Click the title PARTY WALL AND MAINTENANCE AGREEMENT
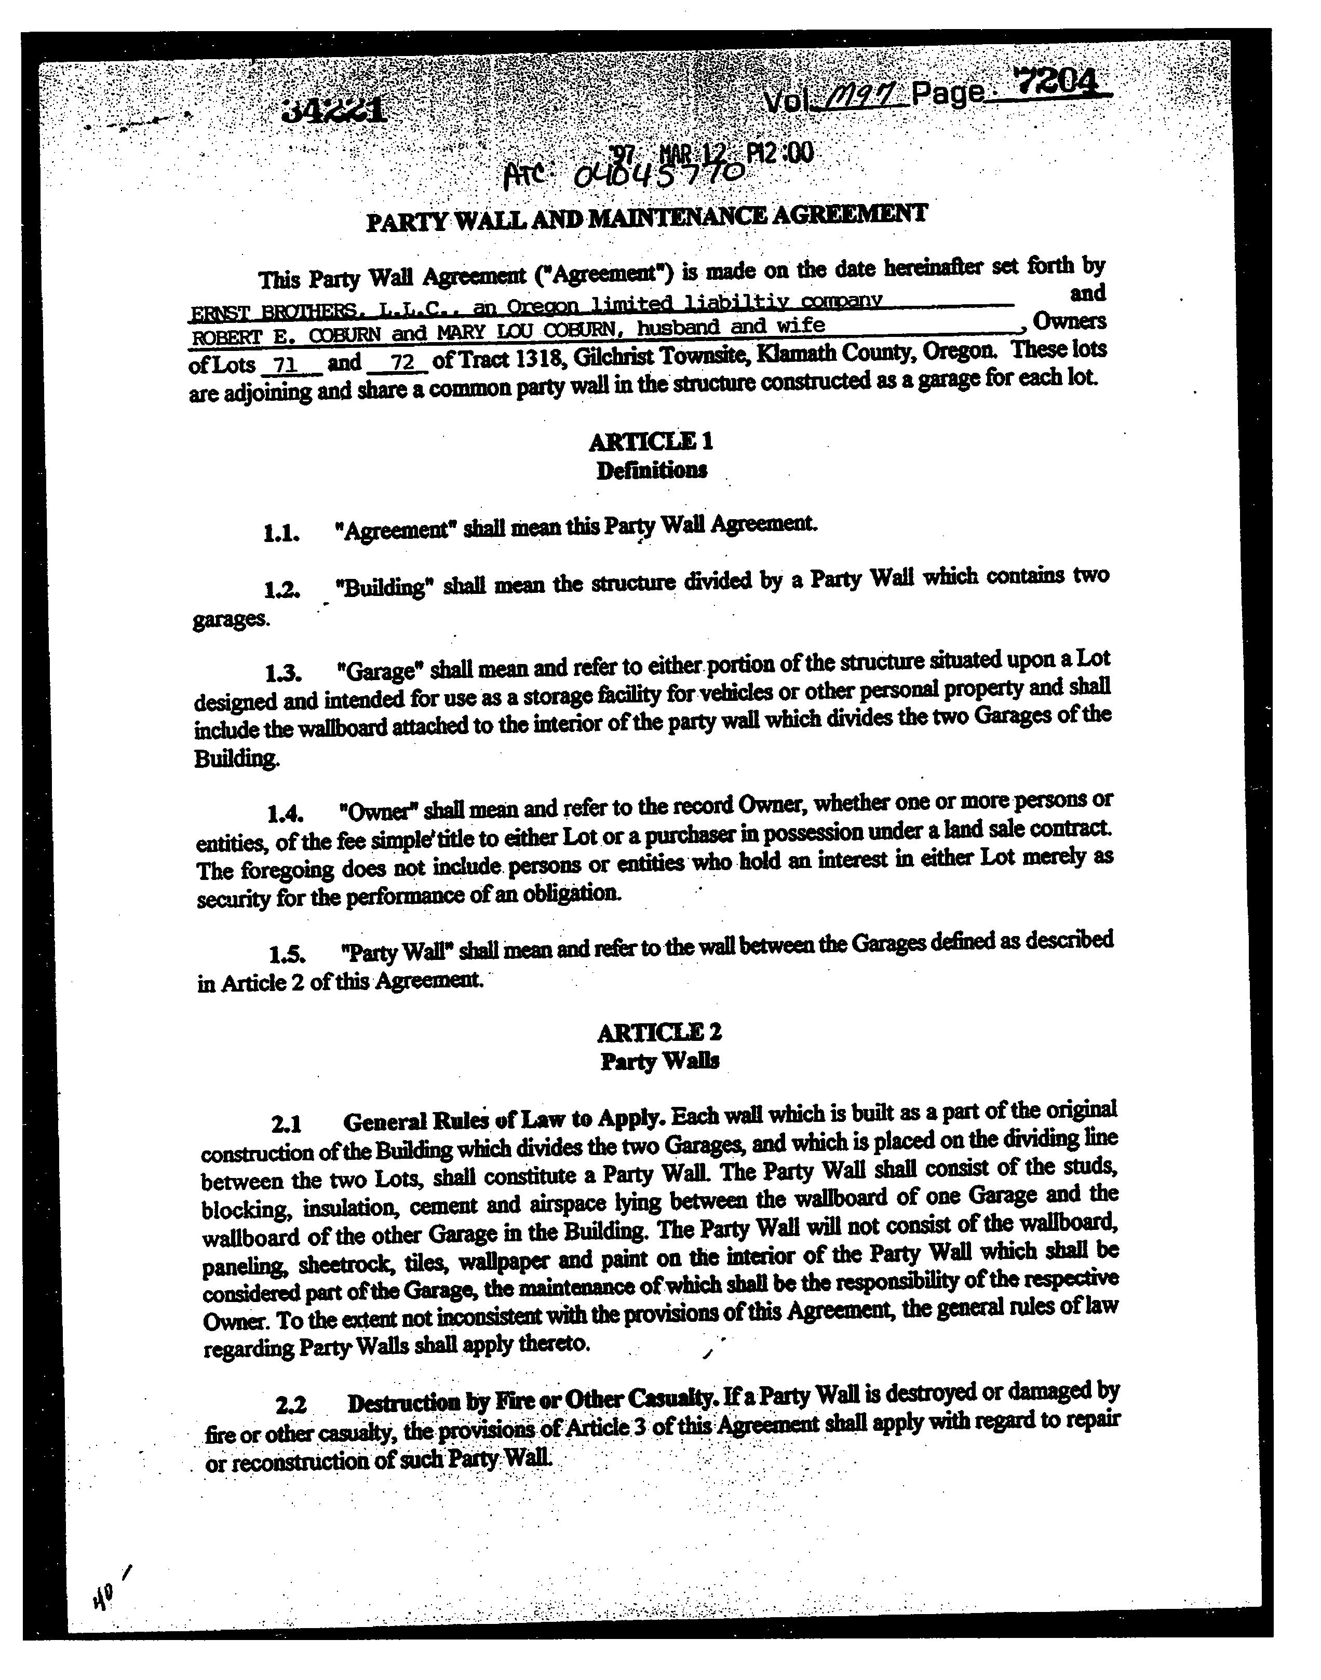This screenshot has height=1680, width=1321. point(646,216)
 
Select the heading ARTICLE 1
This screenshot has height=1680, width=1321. point(651,441)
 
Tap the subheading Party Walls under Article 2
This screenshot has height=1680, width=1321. point(660,1061)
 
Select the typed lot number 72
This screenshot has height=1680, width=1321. point(403,361)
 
